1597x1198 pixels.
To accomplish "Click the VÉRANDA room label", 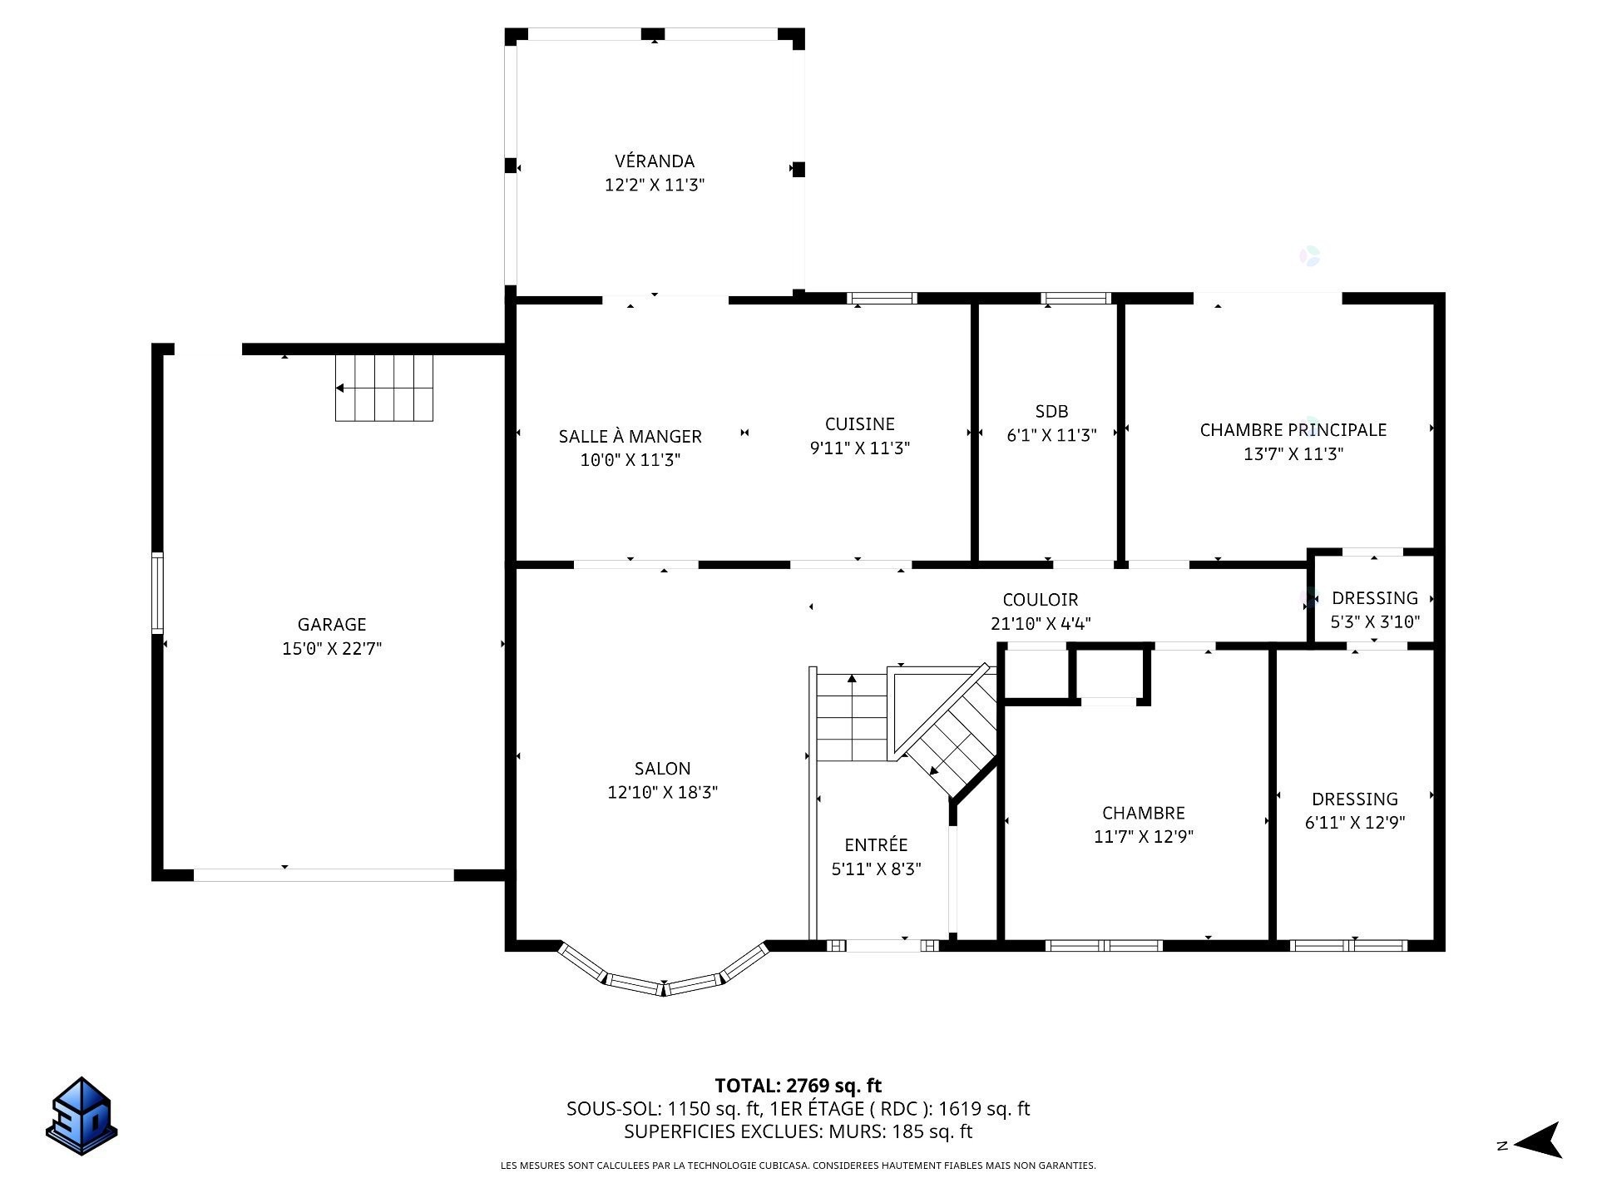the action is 655,161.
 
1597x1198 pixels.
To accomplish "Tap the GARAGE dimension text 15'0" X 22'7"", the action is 332,648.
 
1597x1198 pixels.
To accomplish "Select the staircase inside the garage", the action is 384,388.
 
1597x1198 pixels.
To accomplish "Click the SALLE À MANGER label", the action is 630,436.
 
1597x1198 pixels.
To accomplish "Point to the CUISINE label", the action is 860,424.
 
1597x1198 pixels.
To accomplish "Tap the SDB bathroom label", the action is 1051,411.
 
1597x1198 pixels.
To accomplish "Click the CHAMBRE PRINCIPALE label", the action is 1293,430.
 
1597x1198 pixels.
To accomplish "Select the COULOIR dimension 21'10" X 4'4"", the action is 1041,623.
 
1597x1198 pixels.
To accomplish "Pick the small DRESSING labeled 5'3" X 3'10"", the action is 1375,598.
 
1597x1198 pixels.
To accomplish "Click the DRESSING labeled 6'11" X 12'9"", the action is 1355,799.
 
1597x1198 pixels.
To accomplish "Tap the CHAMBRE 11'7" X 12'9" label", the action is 1144,813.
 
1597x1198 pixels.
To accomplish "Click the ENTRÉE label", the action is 876,844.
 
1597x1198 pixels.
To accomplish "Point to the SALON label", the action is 662,769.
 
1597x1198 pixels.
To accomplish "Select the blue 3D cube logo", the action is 82,1116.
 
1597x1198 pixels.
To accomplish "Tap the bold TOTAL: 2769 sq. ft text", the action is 798,1086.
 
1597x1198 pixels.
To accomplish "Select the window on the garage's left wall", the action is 157,593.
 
